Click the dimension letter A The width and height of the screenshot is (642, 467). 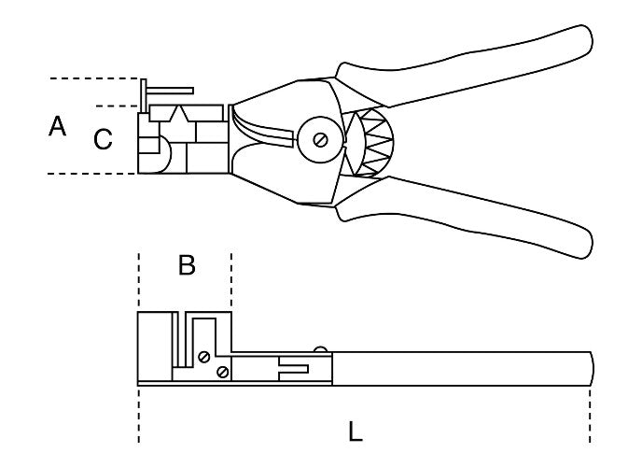[58, 126]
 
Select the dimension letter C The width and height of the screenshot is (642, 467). [104, 140]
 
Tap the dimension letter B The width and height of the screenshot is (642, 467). [187, 266]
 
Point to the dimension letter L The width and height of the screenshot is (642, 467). [356, 432]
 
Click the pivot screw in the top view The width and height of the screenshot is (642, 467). [320, 140]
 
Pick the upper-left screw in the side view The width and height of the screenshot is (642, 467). [203, 355]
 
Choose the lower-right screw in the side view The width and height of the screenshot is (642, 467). [222, 373]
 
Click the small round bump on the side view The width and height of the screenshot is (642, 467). [322, 350]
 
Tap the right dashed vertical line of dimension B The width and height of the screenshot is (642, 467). [230, 280]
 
